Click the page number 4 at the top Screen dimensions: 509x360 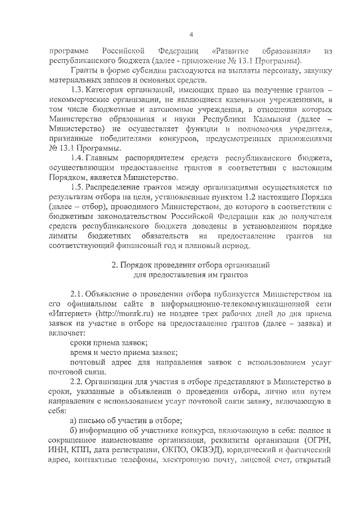191,35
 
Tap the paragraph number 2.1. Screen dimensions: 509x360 77,294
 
